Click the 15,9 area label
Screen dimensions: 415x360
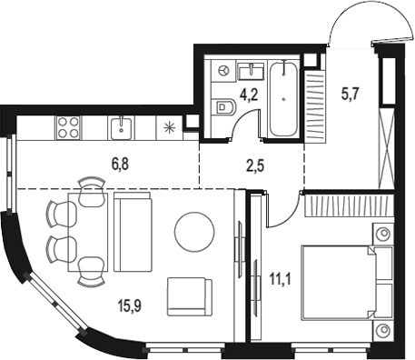pos(130,306)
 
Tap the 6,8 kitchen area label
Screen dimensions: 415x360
pos(120,165)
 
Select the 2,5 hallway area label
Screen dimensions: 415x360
pos(255,165)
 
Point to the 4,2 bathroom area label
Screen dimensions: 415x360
pos(249,95)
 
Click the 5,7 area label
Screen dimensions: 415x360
pos(350,95)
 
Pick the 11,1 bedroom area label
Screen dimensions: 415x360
pos(281,279)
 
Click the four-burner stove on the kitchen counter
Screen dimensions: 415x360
pos(68,127)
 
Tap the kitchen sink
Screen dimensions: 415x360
pos(121,127)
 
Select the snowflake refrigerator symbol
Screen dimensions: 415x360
pos(169,127)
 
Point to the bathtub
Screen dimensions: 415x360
pos(283,99)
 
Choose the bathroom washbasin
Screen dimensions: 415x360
pos(251,71)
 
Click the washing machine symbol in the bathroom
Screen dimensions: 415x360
pos(223,71)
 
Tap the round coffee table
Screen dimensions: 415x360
pos(194,232)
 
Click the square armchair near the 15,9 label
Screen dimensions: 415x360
pos(190,297)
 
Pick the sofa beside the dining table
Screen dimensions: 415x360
pos(133,232)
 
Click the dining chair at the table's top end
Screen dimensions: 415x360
pos(93,192)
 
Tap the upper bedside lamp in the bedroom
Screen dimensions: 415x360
pos(384,234)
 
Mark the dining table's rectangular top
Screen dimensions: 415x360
pos(88,232)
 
